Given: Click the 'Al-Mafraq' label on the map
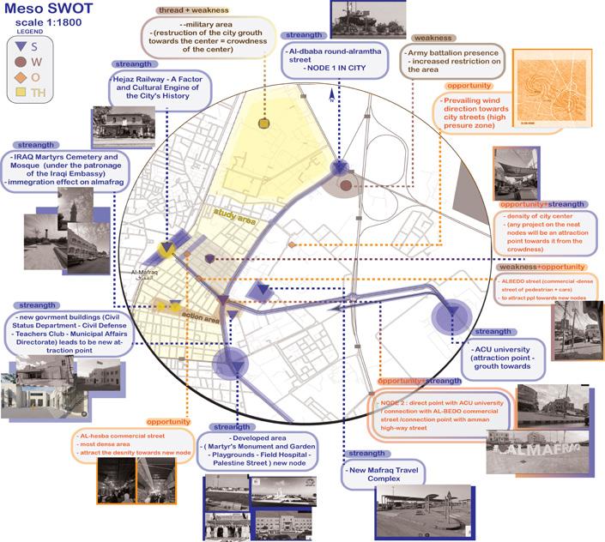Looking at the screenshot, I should point(144,274).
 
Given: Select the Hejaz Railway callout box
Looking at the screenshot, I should point(164,87).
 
